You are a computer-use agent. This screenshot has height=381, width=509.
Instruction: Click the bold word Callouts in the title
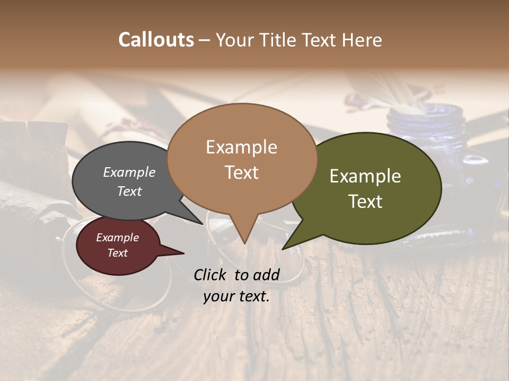coord(156,40)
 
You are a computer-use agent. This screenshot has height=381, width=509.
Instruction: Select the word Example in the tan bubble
coord(241,147)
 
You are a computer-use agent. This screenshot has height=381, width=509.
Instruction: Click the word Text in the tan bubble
coord(241,172)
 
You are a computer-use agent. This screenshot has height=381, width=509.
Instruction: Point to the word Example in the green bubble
coord(365,176)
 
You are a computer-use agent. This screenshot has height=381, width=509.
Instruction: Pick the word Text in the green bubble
coord(365,201)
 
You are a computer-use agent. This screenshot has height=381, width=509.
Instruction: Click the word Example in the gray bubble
coord(129,173)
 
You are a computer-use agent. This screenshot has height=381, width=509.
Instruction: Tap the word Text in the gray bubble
coord(129,191)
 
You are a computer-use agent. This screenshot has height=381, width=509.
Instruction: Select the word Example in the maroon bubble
coord(117,238)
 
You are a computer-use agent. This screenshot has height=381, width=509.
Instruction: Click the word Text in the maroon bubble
coord(117,253)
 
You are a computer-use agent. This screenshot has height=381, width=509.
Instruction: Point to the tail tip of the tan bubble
coord(244,243)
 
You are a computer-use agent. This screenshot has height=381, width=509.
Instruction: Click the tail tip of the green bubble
coord(283,248)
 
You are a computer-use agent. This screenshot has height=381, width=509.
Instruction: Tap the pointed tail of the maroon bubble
coord(182,253)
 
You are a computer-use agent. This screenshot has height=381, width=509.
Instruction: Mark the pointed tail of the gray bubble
coord(202,223)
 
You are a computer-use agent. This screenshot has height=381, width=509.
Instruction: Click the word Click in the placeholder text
coord(211,275)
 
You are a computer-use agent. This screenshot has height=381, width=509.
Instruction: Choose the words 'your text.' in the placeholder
coord(236,296)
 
